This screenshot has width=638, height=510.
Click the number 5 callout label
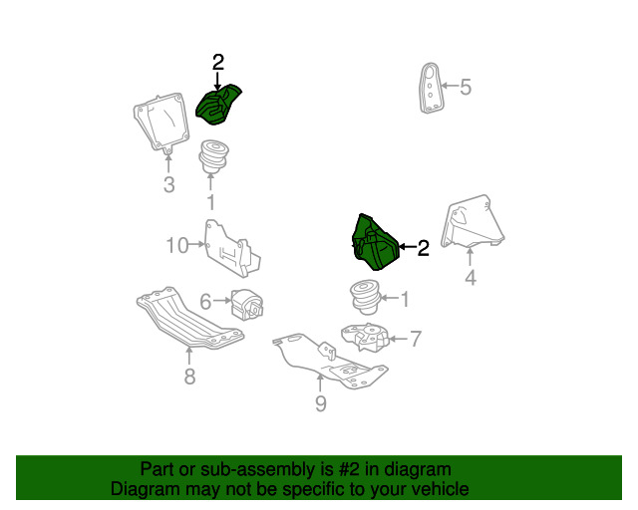(x=466, y=87)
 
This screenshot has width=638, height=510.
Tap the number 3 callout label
(x=168, y=184)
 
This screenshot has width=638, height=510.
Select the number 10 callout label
(x=177, y=245)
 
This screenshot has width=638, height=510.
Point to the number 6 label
(x=205, y=302)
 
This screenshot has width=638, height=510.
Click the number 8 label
(x=189, y=377)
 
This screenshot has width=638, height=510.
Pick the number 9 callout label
(x=321, y=403)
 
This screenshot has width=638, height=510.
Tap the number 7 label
(x=416, y=339)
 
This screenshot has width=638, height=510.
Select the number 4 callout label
(x=471, y=277)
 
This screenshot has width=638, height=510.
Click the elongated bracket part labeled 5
(x=430, y=88)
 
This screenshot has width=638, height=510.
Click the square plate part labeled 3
(x=161, y=123)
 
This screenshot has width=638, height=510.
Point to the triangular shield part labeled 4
(x=473, y=222)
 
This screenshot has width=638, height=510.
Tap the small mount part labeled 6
(x=247, y=304)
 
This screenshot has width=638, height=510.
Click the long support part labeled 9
(x=330, y=360)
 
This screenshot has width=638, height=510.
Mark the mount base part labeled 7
(x=365, y=337)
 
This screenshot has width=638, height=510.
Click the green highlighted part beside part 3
(x=218, y=105)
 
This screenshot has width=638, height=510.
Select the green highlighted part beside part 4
(x=375, y=242)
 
